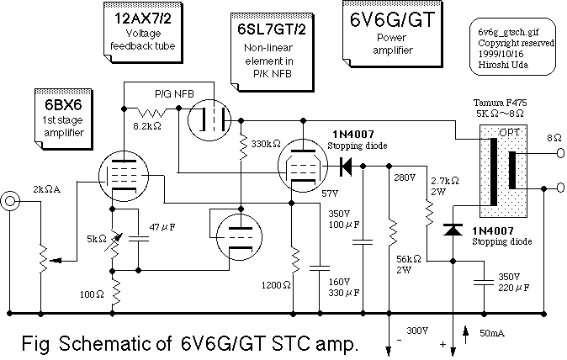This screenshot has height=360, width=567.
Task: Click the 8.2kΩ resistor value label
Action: point(148,124)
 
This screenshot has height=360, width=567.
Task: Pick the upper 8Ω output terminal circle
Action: point(558,156)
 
